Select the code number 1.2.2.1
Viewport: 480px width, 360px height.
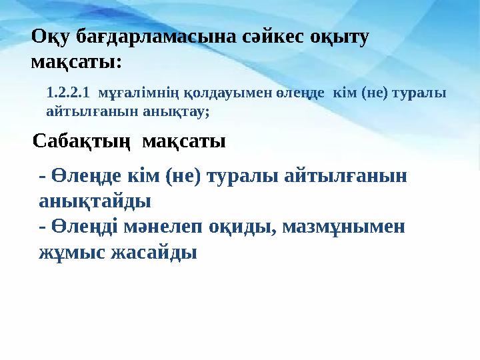(x=67, y=94)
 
